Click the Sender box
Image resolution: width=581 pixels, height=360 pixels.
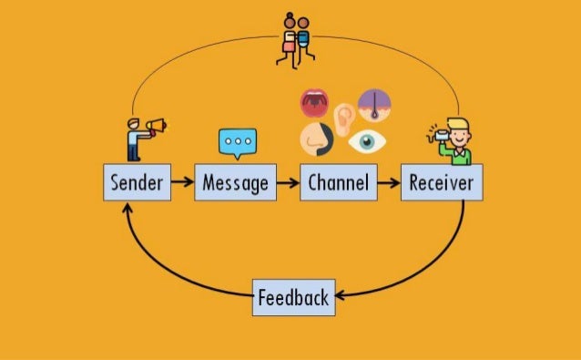click(137, 183)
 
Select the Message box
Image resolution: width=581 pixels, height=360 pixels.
click(235, 183)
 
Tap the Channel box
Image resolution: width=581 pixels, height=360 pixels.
click(337, 183)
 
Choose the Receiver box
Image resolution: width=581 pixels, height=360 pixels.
click(442, 183)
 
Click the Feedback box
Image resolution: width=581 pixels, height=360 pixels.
click(293, 297)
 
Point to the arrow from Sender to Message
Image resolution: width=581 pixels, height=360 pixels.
click(182, 183)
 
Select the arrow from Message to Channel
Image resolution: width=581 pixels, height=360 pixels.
click(288, 183)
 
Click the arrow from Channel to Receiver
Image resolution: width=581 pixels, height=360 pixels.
click(388, 183)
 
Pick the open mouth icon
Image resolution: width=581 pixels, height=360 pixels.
click(316, 104)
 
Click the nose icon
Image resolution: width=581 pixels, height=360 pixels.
click(314, 139)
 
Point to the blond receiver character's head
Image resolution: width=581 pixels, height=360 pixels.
click(457, 129)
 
